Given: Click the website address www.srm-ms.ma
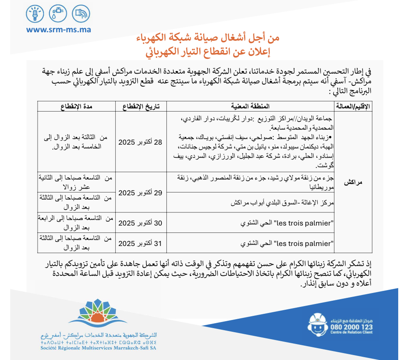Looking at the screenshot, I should tap(58, 30).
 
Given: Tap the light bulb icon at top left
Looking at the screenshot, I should tap(35, 14).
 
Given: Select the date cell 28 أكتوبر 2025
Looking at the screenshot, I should tap(140, 142).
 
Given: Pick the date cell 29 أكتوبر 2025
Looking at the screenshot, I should tap(140, 192).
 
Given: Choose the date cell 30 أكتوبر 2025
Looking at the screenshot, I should tap(140, 223).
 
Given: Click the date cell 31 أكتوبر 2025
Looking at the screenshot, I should tap(140, 243).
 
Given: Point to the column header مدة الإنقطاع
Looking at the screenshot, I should tap(76, 107).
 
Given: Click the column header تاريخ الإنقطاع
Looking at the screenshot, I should tap(140, 107).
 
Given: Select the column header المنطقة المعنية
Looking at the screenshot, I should tap(251, 107).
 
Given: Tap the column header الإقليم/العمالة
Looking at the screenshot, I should tap(353, 107).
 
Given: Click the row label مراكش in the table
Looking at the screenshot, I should tap(353, 183).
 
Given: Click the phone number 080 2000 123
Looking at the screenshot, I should tap(352, 327).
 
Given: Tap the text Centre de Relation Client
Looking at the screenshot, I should tap(352, 333).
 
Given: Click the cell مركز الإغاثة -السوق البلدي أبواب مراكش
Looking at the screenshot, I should tap(282, 203).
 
